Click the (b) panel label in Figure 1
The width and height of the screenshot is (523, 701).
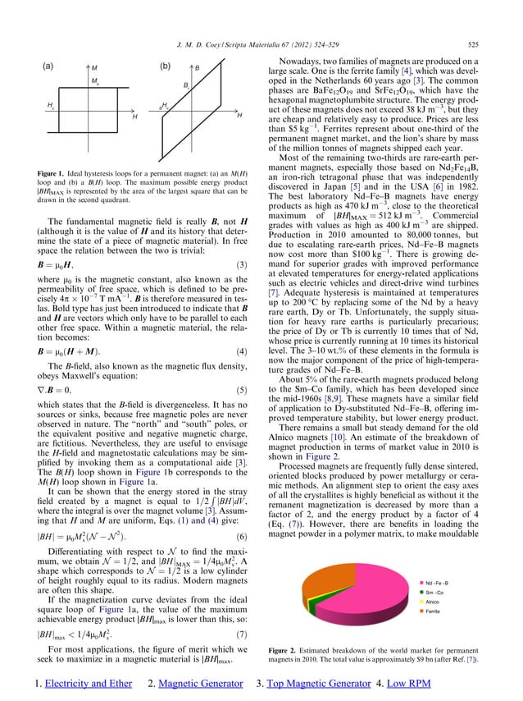pos(164,64)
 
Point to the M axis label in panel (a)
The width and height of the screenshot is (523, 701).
pos(94,66)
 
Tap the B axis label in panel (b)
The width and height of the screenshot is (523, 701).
pos(197,66)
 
